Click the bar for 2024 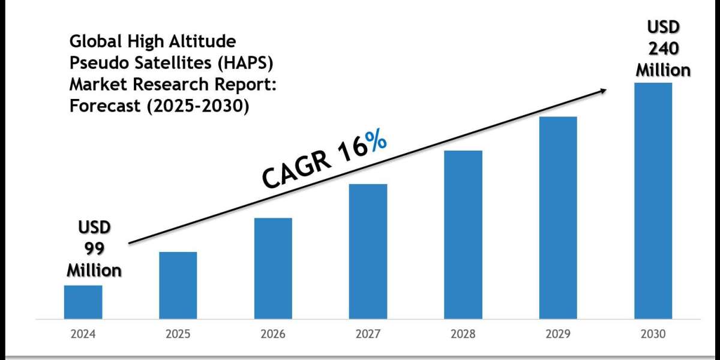click(x=83, y=302)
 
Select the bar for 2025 click(x=178, y=285)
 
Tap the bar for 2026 click(x=273, y=268)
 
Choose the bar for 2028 click(x=463, y=234)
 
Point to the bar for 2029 click(x=558, y=217)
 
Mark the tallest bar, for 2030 click(x=653, y=200)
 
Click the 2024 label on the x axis click(x=83, y=334)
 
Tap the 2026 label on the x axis click(x=273, y=334)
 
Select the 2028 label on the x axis click(x=463, y=334)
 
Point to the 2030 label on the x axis click(x=653, y=334)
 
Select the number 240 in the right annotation click(x=663, y=49)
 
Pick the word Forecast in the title click(x=98, y=106)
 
